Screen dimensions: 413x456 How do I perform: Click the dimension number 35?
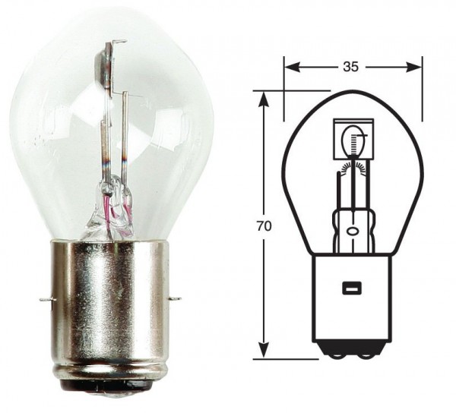point(350,67)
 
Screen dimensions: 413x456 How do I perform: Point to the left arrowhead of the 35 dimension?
point(290,67)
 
